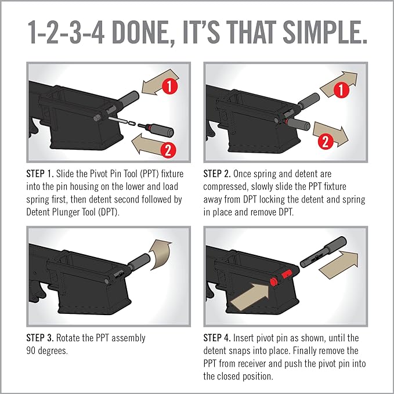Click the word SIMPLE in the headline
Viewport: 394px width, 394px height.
[x=326, y=32]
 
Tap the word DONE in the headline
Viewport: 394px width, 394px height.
[x=140, y=32]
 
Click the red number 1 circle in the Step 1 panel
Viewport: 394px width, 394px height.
[x=170, y=86]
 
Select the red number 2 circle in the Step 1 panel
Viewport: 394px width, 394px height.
[x=168, y=150]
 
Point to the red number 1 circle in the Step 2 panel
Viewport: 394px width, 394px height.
[x=341, y=90]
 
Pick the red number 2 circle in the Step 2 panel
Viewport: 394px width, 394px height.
[x=326, y=142]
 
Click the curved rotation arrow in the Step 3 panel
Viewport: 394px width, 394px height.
[x=159, y=254]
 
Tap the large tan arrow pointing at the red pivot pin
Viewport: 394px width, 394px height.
[x=250, y=296]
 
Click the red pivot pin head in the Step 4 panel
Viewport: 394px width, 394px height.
[x=273, y=281]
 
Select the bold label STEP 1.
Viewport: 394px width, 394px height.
[x=40, y=174]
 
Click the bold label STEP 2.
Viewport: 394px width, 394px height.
[x=217, y=174]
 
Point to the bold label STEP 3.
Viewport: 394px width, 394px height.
[x=40, y=338]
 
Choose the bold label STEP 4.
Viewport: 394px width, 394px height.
[x=217, y=338]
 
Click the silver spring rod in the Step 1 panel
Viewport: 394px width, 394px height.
[x=118, y=120]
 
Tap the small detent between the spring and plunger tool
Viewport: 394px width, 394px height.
[x=132, y=124]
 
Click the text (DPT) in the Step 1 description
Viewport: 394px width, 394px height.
[x=109, y=212]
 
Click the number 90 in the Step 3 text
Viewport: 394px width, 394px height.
[x=31, y=351]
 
